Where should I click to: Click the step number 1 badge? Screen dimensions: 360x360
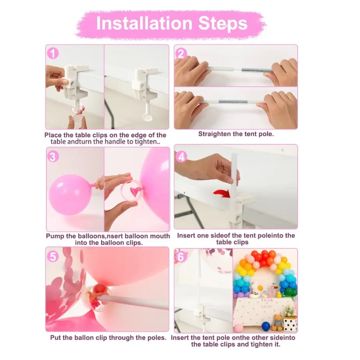click(x=53, y=53)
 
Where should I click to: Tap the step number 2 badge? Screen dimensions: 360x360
click(x=181, y=53)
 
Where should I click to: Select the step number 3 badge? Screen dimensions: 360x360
click(x=53, y=156)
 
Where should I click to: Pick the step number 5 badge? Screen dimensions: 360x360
click(x=53, y=256)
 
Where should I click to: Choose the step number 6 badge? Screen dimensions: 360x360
click(x=181, y=257)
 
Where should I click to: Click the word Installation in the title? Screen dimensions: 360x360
click(x=144, y=23)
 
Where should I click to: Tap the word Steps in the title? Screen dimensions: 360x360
click(x=223, y=24)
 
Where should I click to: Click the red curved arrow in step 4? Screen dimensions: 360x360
click(x=222, y=193)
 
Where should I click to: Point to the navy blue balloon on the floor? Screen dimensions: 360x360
click(x=266, y=326)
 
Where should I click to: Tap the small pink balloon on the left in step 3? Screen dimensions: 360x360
click(x=70, y=195)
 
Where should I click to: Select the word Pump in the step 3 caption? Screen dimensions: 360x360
click(x=53, y=236)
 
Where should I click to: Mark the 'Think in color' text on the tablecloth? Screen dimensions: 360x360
click(x=267, y=303)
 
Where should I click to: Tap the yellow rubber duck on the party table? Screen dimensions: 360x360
click(x=279, y=294)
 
